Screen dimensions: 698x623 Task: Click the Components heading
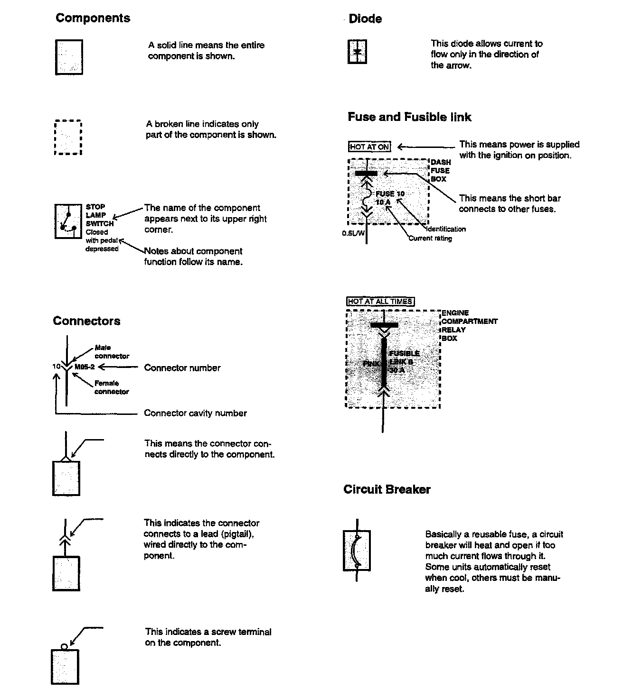coord(93,18)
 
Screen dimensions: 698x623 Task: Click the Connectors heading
coord(86,321)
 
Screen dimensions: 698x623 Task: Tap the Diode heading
coord(365,19)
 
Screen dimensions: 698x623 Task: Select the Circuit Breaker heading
coord(387,489)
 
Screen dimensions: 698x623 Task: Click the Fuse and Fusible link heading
coord(409,117)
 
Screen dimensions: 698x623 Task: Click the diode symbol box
coord(358,52)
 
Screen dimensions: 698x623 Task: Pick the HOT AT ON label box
coord(369,147)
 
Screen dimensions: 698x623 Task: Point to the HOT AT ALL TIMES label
coord(380,302)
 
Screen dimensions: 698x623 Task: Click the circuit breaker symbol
coord(357,551)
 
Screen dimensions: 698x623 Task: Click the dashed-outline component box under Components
coord(68,138)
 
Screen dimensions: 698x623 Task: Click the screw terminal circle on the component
coord(65,646)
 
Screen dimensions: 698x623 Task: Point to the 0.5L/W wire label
coord(353,233)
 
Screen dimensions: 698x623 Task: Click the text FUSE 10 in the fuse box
coord(390,193)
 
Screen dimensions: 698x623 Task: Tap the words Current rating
coord(430,239)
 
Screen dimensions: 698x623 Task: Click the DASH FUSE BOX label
coord(441,171)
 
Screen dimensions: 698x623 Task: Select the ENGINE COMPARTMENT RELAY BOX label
coord(469,325)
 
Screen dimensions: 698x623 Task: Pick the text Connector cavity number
coord(195,413)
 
